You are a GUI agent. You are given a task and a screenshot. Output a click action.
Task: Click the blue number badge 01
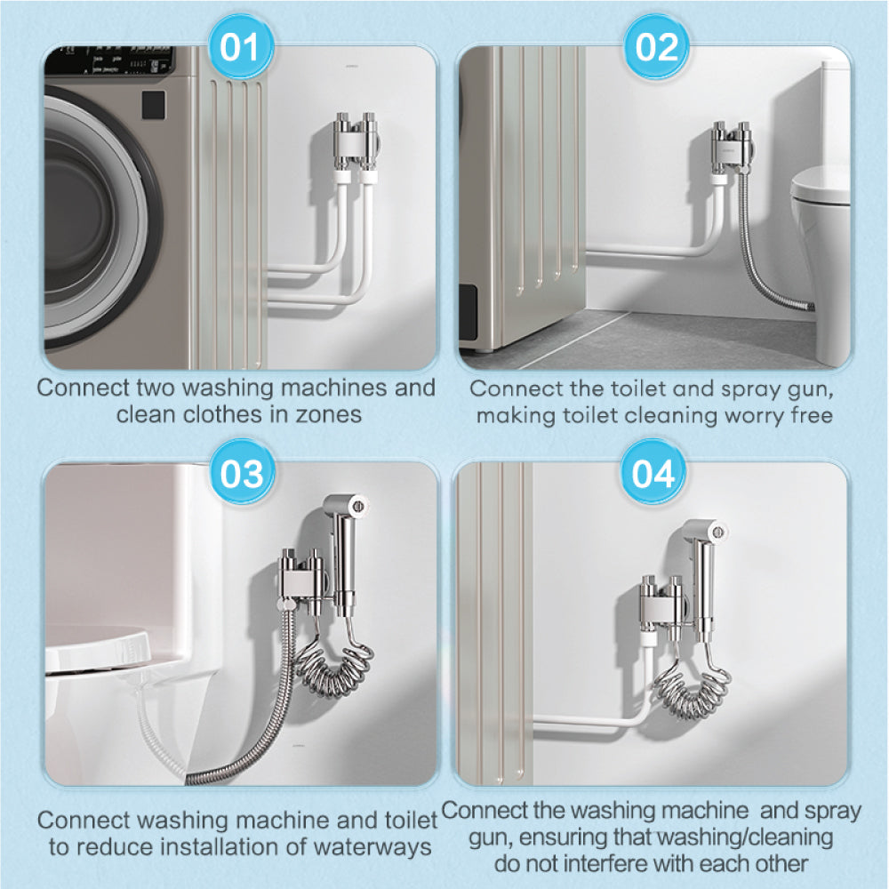pos(240,47)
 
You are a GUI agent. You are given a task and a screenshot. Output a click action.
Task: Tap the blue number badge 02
pos(656,47)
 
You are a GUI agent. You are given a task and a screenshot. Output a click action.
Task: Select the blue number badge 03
pos(242,473)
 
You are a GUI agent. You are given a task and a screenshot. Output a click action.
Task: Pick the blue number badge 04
pos(653,473)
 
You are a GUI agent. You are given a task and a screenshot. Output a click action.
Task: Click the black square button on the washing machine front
pos(153,105)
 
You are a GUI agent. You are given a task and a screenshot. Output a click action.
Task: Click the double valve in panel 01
pos(356,141)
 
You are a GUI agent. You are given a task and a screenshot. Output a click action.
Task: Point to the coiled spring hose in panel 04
pos(693,683)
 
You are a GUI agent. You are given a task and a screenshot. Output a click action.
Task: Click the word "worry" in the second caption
pos(756,415)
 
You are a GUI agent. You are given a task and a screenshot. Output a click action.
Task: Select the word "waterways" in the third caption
pos(372,847)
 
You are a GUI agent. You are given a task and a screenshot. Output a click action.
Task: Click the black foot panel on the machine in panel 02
pos(468,312)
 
